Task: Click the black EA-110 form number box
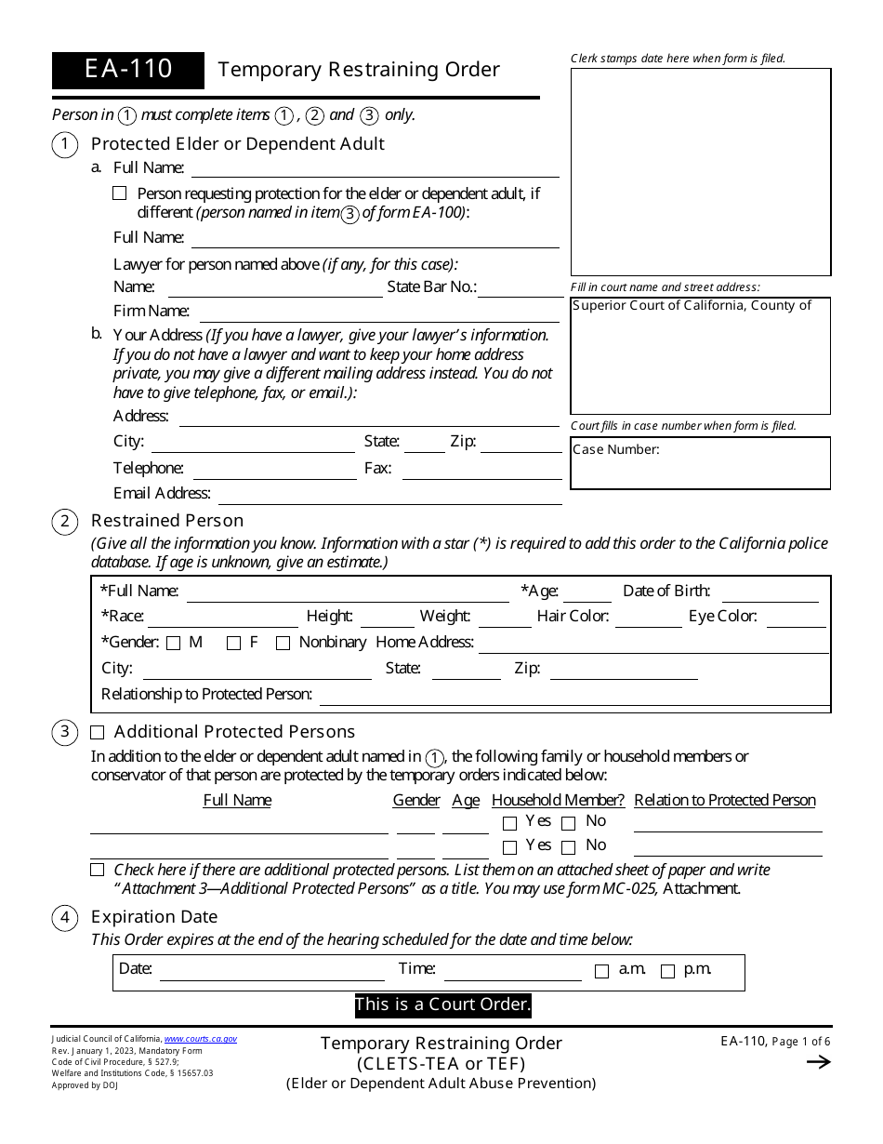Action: pyautogui.click(x=128, y=70)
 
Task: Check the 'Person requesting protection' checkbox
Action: pyautogui.click(x=119, y=193)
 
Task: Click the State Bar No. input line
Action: pyautogui.click(x=521, y=288)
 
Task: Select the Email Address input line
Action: pyautogui.click(x=389, y=495)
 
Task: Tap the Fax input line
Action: pyautogui.click(x=481, y=470)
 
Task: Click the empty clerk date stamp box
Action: pyautogui.click(x=700, y=172)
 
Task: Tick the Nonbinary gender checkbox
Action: pyautogui.click(x=283, y=643)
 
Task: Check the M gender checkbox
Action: pyautogui.click(x=174, y=643)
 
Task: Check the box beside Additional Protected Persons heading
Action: pyautogui.click(x=98, y=732)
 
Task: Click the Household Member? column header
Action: pyautogui.click(x=558, y=800)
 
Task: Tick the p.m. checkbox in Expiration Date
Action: pyautogui.click(x=667, y=971)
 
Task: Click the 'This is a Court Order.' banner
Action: pyautogui.click(x=442, y=1004)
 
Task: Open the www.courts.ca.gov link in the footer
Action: pyautogui.click(x=200, y=1039)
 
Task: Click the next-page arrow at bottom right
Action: pyautogui.click(x=818, y=1062)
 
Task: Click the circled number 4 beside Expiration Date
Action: pyautogui.click(x=64, y=918)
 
